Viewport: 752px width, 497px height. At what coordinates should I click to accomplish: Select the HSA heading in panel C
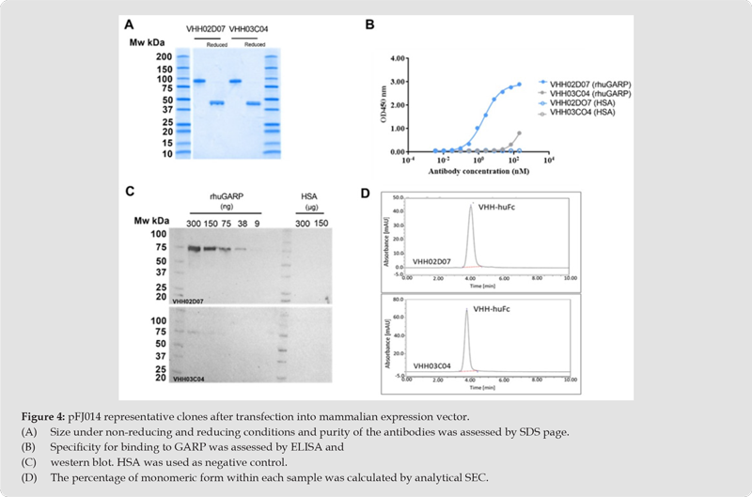(x=308, y=196)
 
